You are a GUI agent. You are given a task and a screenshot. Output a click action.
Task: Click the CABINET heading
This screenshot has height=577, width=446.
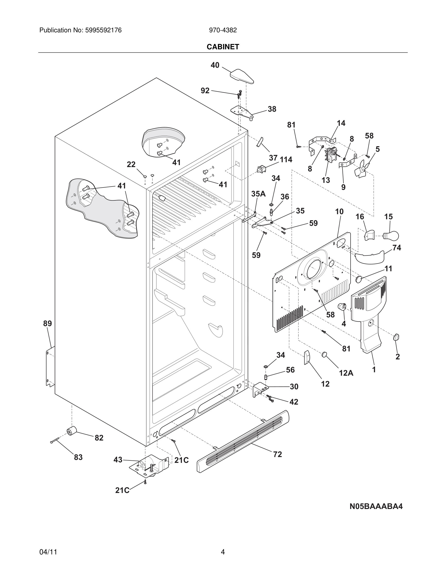(223, 47)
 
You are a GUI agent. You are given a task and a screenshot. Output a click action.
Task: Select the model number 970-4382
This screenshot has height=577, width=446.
(223, 30)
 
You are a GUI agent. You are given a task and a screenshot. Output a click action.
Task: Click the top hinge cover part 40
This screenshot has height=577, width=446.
(242, 76)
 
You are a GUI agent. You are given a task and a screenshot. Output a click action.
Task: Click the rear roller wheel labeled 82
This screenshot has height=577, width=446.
(71, 431)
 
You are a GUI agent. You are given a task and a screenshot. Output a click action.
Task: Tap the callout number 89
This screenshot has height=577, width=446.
(48, 323)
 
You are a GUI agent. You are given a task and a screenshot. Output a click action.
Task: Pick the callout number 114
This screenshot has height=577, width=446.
(286, 160)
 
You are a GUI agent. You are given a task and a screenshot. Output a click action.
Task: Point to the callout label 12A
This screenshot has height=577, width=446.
(346, 373)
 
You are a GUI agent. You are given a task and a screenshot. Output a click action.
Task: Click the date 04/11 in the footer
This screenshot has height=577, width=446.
(48, 552)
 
